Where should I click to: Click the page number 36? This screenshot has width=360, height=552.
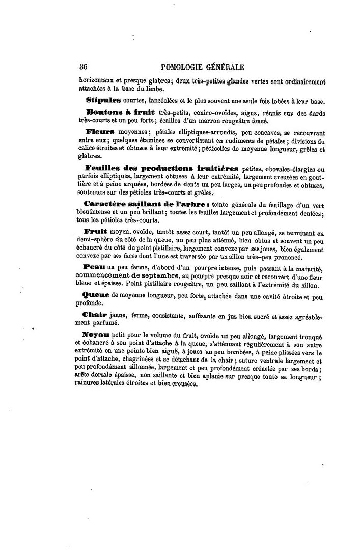pos(85,67)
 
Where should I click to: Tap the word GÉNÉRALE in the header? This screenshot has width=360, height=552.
pos(225,67)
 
